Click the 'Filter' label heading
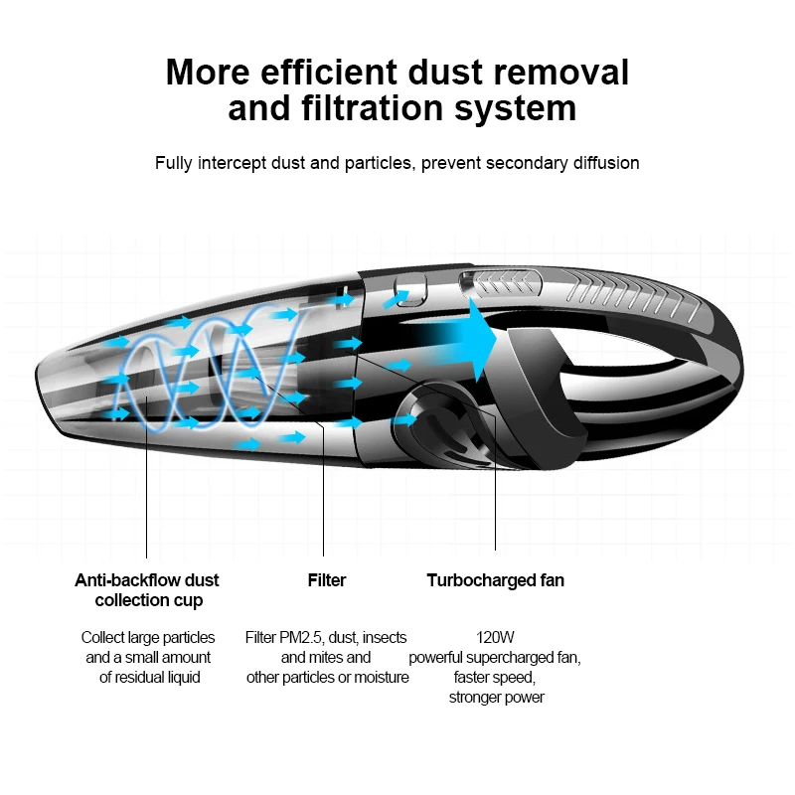pyautogui.click(x=327, y=580)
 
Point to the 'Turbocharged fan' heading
pyautogui.click(x=495, y=580)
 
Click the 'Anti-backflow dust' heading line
pyautogui.click(x=147, y=580)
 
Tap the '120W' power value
pyautogui.click(x=495, y=637)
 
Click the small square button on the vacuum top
pyautogui.click(x=408, y=291)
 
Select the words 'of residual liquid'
pyautogui.click(x=149, y=677)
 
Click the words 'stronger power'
pyautogui.click(x=496, y=697)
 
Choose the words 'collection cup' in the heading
pyautogui.click(x=149, y=600)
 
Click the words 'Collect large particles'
pyautogui.click(x=148, y=637)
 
